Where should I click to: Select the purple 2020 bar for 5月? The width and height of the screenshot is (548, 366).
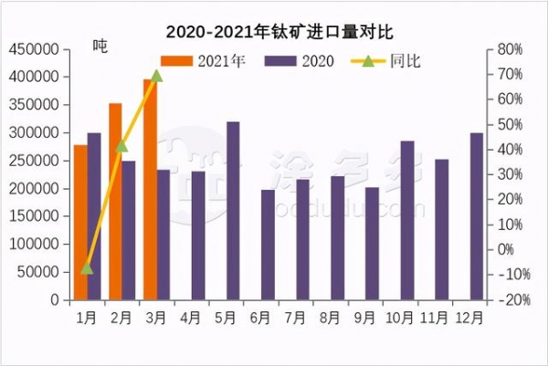coord(233,211)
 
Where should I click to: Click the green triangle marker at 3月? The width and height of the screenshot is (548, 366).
coord(156,75)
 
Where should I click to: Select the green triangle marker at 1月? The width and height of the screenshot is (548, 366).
coord(87,267)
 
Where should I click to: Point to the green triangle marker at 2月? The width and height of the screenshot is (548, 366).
coord(121,145)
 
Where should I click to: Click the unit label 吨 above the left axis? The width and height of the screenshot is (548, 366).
coord(100,47)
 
